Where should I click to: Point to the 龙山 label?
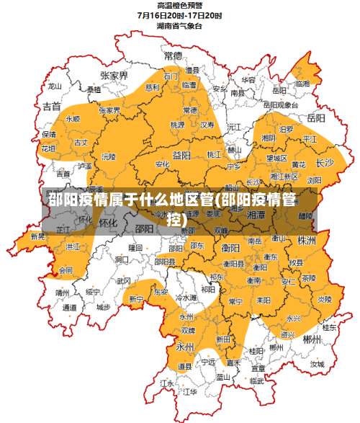click(x=55, y=86)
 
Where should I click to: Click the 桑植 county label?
click(x=94, y=90)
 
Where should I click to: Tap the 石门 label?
click(x=171, y=76)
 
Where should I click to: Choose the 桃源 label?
click(x=177, y=124)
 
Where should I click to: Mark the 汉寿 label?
click(x=208, y=124)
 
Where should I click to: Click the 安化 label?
click(x=163, y=164)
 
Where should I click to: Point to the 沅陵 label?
click(x=109, y=156)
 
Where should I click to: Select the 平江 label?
click(x=310, y=138)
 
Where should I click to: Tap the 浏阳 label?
click(x=315, y=180)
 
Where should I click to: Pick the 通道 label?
click(x=70, y=308)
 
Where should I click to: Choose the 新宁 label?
click(x=137, y=298)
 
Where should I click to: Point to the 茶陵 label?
click(x=308, y=277)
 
